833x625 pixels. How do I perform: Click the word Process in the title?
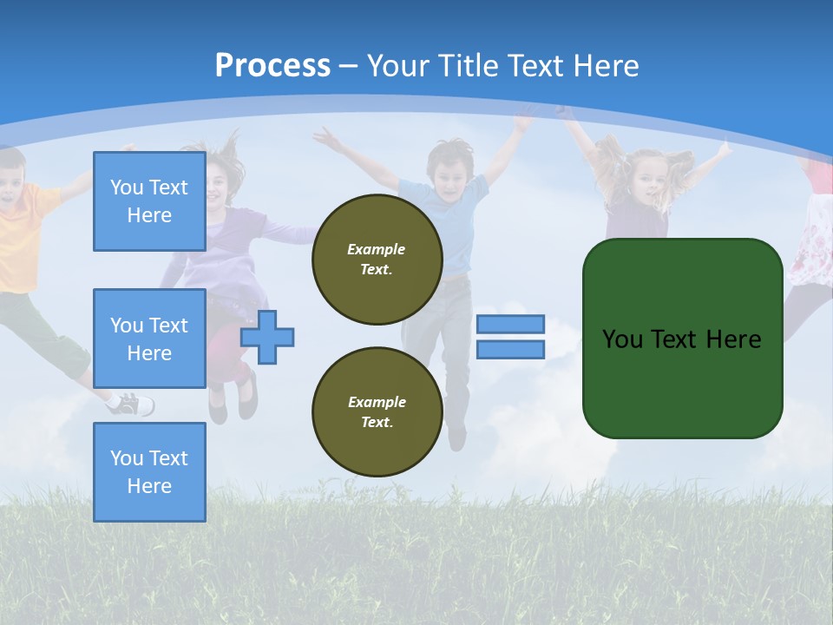[272, 66]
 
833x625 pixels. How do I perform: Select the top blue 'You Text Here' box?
[149, 201]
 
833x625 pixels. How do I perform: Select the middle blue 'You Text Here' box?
[149, 339]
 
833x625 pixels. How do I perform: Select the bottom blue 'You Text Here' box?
[149, 472]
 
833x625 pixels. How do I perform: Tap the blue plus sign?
[267, 337]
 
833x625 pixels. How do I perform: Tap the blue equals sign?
[510, 337]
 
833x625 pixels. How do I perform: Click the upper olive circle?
[377, 260]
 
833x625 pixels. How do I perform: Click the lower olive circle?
[377, 412]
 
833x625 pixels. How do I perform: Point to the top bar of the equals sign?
[510, 324]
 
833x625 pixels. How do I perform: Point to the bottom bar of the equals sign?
[510, 350]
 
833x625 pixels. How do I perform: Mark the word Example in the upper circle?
[377, 249]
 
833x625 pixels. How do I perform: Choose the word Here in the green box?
[733, 339]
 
